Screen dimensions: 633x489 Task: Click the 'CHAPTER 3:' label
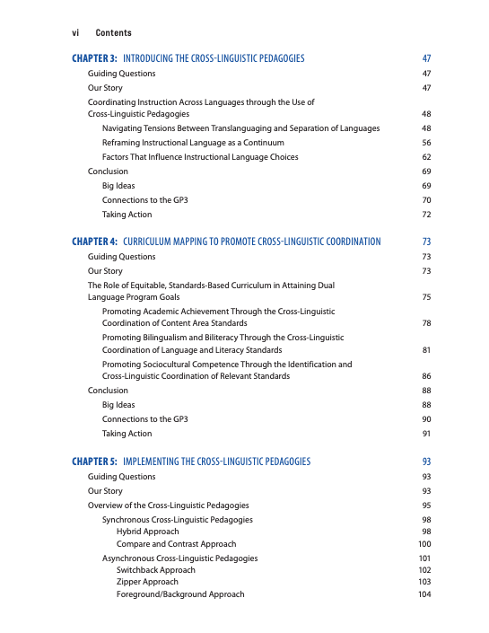(x=94, y=58)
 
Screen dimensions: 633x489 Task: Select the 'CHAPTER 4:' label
(x=94, y=242)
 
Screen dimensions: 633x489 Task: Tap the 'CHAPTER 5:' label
(x=94, y=462)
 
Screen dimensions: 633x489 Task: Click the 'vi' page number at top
(x=75, y=31)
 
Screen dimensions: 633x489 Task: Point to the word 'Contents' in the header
(x=113, y=31)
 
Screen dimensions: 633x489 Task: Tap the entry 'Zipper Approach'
(x=147, y=582)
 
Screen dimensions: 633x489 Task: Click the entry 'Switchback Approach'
(x=155, y=570)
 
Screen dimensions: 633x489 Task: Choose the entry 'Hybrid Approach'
(x=147, y=532)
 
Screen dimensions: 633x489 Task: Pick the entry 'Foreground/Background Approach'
(x=179, y=594)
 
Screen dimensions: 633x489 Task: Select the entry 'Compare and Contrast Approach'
(x=176, y=544)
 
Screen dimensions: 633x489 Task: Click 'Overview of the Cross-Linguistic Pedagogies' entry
(x=168, y=506)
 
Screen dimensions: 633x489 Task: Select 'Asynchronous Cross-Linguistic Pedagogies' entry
(x=179, y=558)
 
